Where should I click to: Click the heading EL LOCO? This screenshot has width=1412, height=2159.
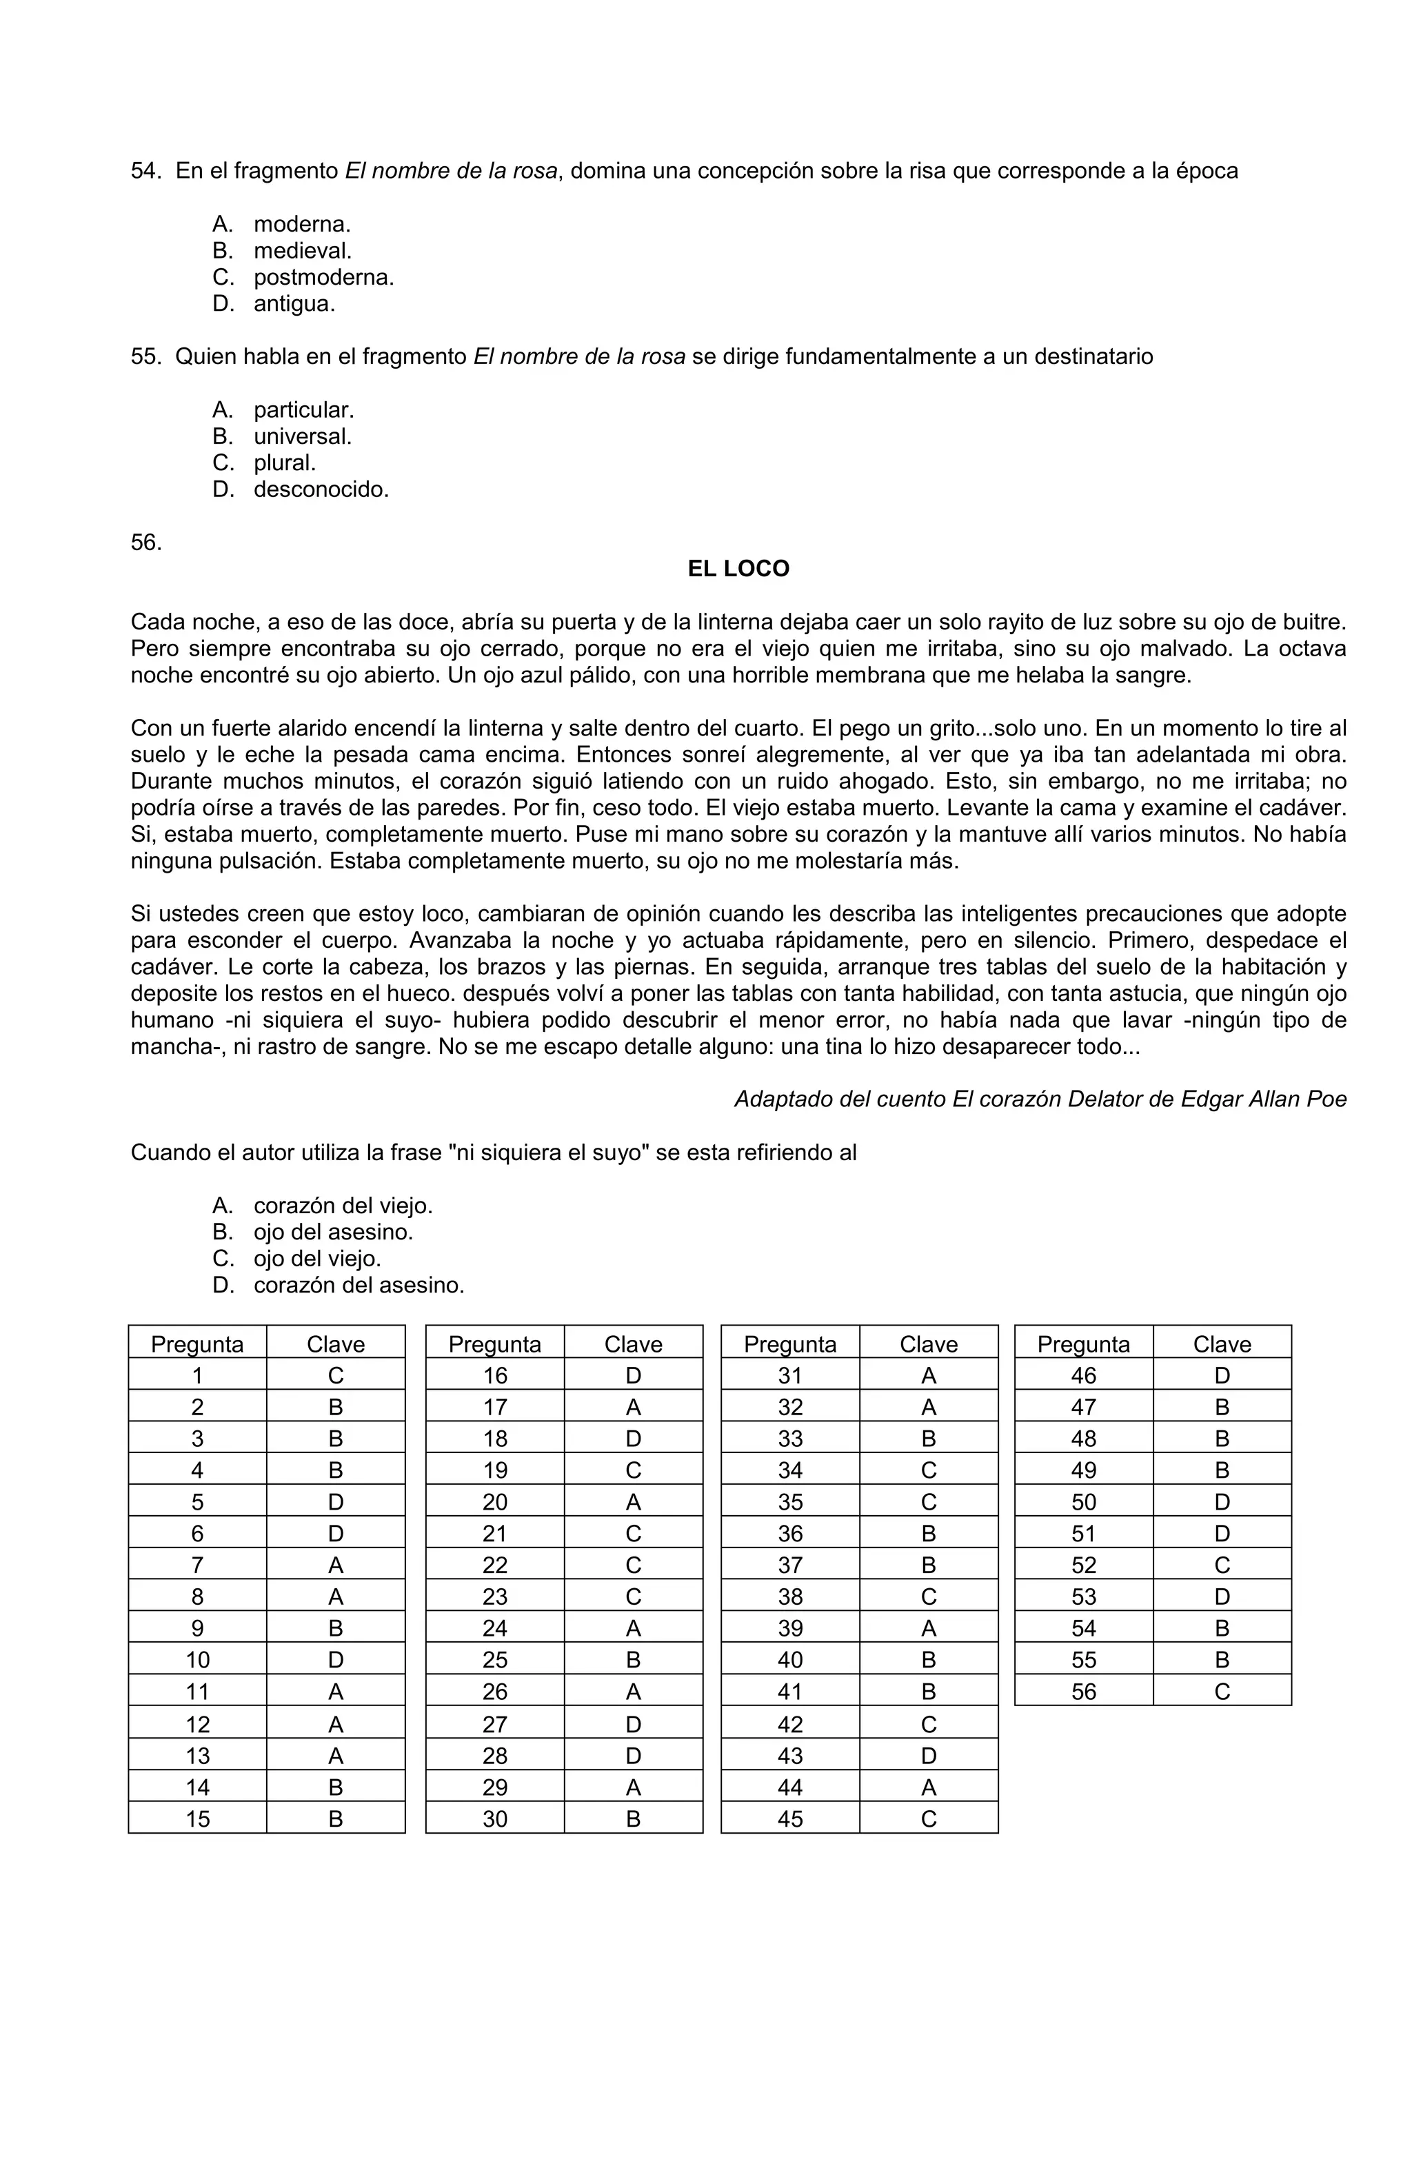tap(738, 569)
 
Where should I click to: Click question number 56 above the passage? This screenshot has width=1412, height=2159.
tap(146, 543)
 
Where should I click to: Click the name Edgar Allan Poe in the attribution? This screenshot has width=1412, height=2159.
tap(1262, 1099)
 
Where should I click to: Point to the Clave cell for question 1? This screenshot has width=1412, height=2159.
tap(336, 1376)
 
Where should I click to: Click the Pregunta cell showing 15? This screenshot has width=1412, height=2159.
tap(198, 1819)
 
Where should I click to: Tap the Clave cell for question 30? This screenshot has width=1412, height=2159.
tap(634, 1819)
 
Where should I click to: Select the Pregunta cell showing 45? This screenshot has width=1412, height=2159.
tap(790, 1819)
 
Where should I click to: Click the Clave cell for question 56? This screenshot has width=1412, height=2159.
tap(1222, 1692)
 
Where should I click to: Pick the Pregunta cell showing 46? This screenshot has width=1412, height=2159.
tap(1084, 1376)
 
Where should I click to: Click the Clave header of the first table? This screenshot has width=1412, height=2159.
tap(336, 1344)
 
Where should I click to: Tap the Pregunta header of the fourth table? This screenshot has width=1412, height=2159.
tap(1084, 1344)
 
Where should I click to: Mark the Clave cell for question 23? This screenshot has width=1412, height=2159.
tap(634, 1597)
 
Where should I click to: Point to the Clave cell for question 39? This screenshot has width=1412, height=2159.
tap(928, 1629)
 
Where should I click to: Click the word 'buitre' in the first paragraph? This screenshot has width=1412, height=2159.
tap(1315, 622)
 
